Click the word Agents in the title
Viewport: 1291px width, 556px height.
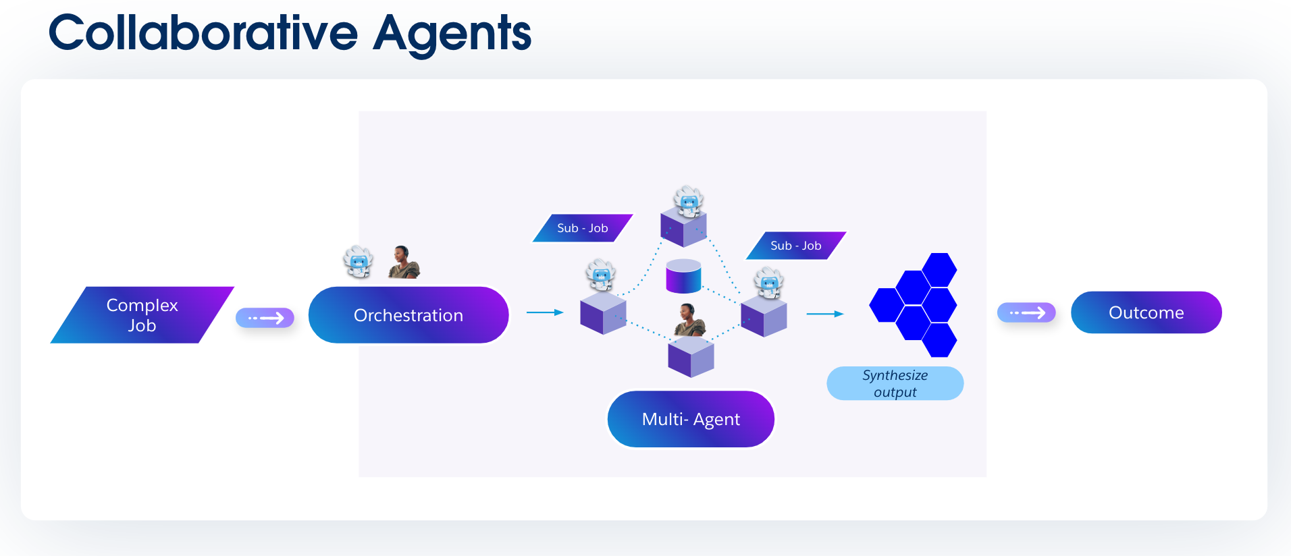point(452,34)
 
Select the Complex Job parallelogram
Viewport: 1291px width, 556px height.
point(142,315)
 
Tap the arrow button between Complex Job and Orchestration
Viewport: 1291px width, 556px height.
point(265,318)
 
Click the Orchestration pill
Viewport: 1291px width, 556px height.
point(408,315)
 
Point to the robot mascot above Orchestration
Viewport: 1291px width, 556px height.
point(358,262)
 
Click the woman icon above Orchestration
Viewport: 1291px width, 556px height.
point(404,262)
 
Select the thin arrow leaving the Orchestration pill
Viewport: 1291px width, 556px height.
point(544,312)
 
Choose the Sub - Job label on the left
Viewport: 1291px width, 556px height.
point(582,228)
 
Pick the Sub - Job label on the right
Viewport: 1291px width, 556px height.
point(795,246)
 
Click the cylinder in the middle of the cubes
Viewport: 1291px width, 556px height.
point(683,276)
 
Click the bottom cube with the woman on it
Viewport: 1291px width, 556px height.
point(691,357)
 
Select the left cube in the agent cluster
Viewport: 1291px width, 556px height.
point(603,313)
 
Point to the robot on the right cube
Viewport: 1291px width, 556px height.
point(768,283)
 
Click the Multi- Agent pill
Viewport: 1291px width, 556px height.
point(690,419)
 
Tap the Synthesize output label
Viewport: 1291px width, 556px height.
point(895,383)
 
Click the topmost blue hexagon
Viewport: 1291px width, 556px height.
point(939,269)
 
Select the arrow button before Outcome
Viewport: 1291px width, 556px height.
point(1026,312)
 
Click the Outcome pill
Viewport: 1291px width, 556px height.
point(1146,312)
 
